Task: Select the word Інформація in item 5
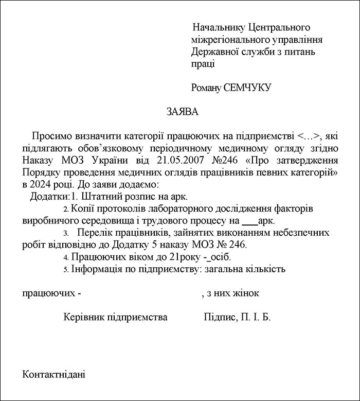[x=97, y=269]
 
